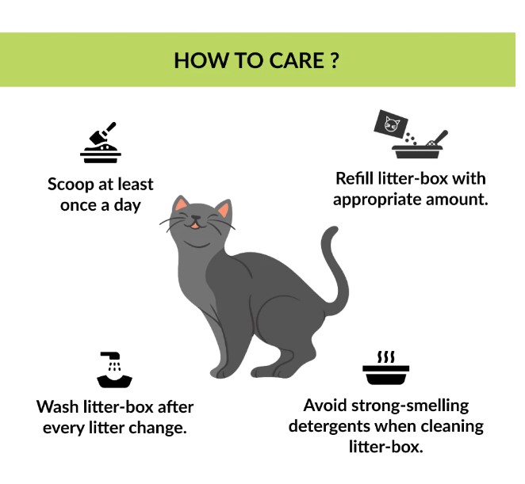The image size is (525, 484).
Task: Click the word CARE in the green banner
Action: coord(296,60)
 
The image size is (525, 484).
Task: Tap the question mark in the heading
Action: coord(334,60)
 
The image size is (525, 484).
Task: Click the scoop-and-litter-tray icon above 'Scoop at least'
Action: coord(101,143)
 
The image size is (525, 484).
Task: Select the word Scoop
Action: coord(71,185)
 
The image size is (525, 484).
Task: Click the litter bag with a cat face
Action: coord(391,124)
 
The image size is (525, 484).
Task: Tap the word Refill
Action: coord(354,178)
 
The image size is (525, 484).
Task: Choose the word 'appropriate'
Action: coord(377,200)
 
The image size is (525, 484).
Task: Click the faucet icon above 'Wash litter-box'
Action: coord(114,370)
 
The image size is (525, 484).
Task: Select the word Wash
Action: coord(57,407)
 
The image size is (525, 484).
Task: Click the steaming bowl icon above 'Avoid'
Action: coord(385,368)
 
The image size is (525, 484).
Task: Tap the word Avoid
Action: coord(325,406)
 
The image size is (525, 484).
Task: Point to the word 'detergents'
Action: coord(329,426)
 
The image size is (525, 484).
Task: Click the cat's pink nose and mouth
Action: coord(196,223)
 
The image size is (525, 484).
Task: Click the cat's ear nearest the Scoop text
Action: coord(182,204)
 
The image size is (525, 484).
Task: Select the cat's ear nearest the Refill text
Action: coord(224,208)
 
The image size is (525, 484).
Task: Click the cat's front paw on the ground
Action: coord(221,372)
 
